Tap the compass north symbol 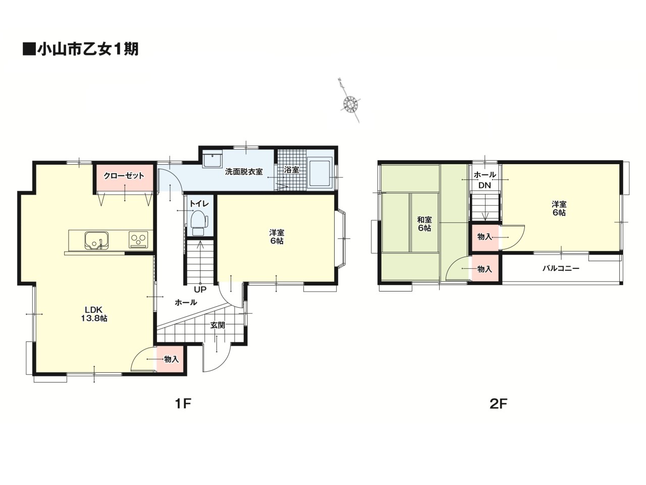[350, 100]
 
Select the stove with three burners [138, 239]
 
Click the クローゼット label [124, 176]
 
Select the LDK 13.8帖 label [94, 314]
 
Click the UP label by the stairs [200, 290]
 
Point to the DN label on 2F [484, 185]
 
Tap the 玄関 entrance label [218, 325]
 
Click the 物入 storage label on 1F [171, 359]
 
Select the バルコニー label [561, 269]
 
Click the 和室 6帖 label [424, 224]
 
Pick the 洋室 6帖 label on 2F [559, 208]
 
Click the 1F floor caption [183, 404]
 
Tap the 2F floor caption [498, 404]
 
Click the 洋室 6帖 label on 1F [277, 237]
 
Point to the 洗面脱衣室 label [244, 172]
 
